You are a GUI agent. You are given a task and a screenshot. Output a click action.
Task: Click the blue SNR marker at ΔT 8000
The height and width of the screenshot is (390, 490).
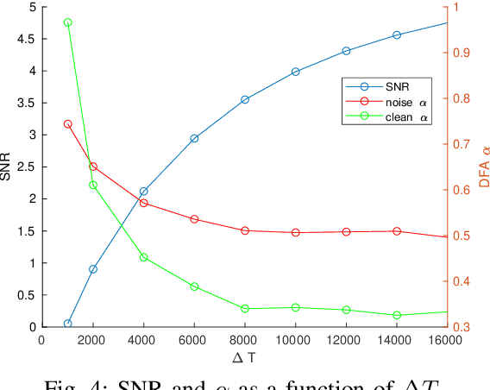[245, 100]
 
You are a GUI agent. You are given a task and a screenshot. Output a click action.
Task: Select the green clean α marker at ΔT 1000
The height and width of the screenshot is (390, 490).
[67, 22]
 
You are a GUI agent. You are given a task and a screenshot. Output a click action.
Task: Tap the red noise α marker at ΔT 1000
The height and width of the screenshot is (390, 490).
[67, 124]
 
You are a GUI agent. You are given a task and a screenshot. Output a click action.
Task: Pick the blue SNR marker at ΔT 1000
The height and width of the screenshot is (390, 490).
[67, 324]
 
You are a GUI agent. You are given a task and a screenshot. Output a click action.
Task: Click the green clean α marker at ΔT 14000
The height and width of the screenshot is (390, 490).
[397, 316]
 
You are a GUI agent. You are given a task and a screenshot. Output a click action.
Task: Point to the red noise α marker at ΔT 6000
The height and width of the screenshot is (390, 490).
[194, 219]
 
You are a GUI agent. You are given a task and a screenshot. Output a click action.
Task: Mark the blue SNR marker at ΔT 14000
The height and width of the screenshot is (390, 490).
[397, 35]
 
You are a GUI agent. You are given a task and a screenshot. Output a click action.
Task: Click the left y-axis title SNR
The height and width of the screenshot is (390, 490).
[8, 166]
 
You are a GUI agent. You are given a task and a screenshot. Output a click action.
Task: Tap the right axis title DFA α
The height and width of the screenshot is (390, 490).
[484, 166]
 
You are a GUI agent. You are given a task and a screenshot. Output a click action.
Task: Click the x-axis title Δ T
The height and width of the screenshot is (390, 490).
[245, 356]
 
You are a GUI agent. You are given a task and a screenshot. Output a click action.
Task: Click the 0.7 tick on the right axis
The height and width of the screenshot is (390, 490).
[462, 144]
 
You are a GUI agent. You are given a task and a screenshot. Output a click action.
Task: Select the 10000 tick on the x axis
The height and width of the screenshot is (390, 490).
[296, 340]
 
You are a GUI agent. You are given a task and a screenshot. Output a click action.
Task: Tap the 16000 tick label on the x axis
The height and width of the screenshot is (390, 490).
[446, 340]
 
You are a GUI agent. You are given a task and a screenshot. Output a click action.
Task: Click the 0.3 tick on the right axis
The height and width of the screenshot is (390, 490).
[462, 327]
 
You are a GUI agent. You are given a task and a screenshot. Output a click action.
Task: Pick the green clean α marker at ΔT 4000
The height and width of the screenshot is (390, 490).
[144, 257]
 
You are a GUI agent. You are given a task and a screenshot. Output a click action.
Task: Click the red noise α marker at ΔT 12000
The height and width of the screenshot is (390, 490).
[346, 232]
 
